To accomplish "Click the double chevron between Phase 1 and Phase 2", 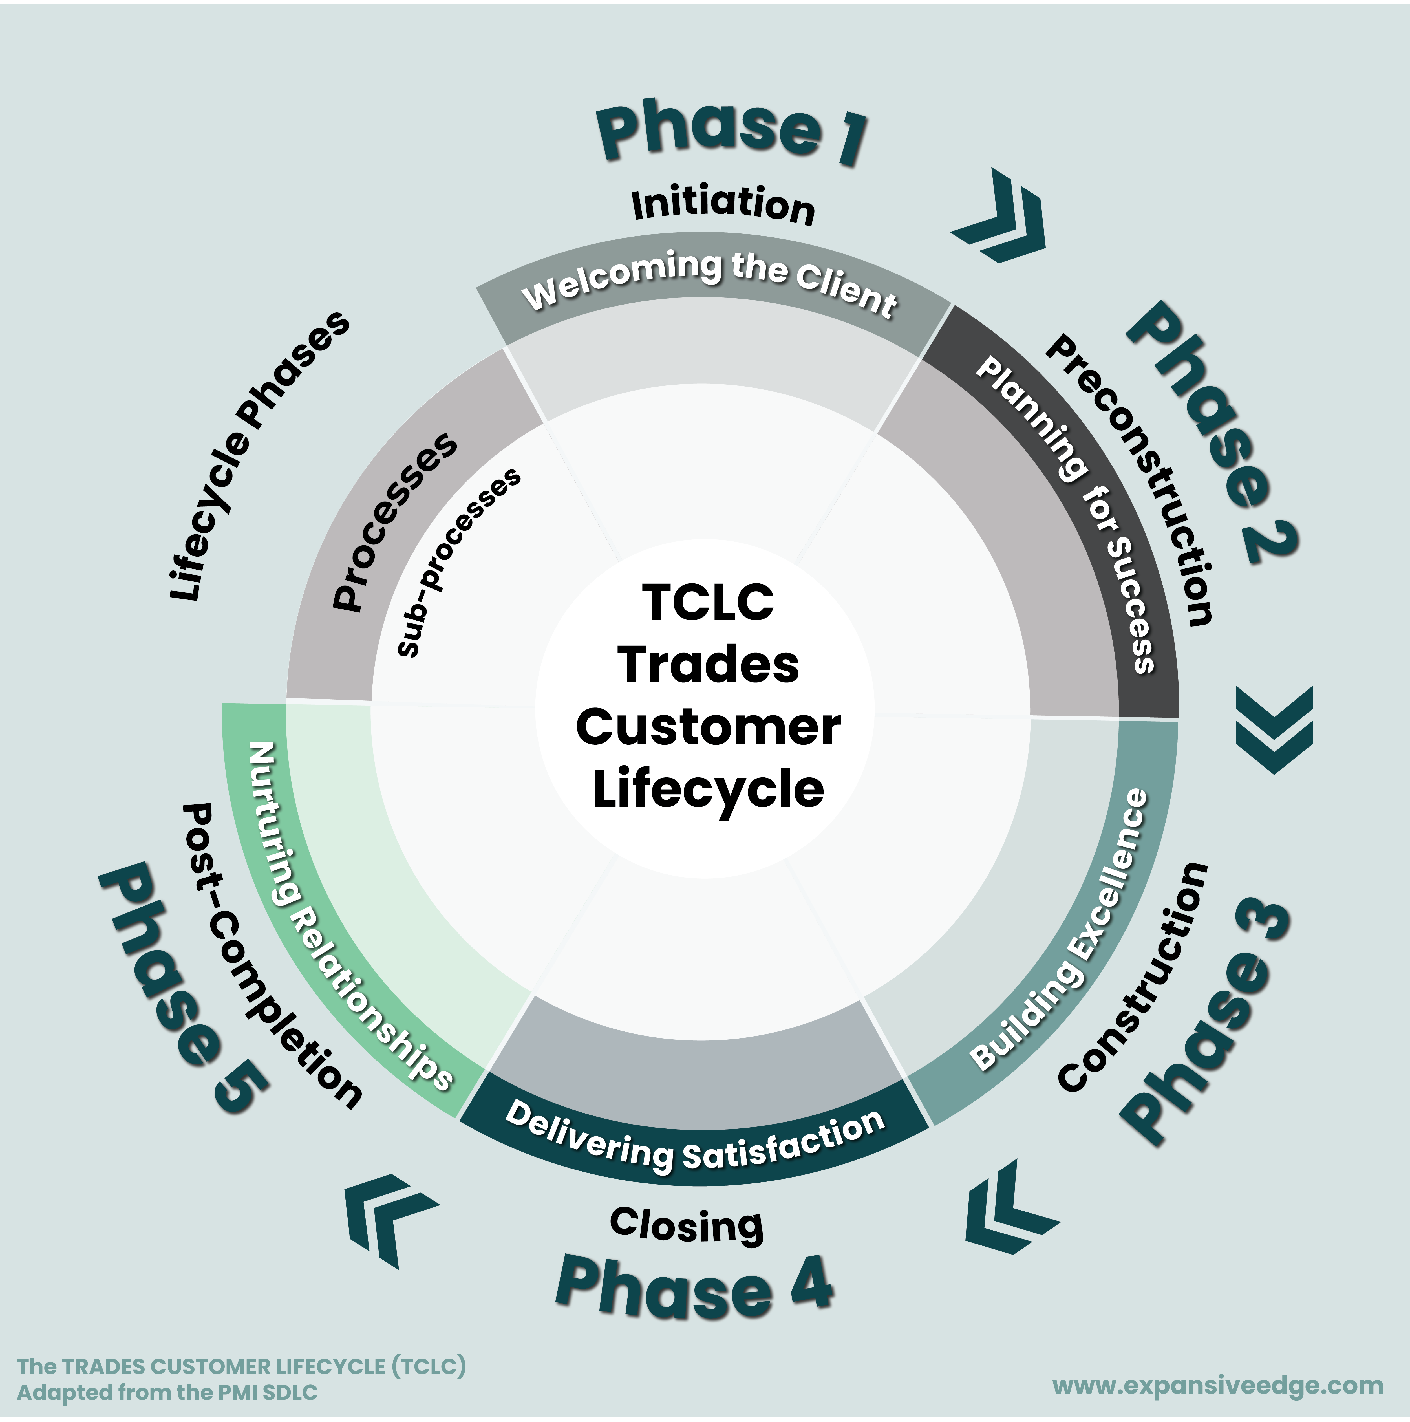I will (1001, 217).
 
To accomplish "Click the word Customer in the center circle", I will (708, 727).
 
